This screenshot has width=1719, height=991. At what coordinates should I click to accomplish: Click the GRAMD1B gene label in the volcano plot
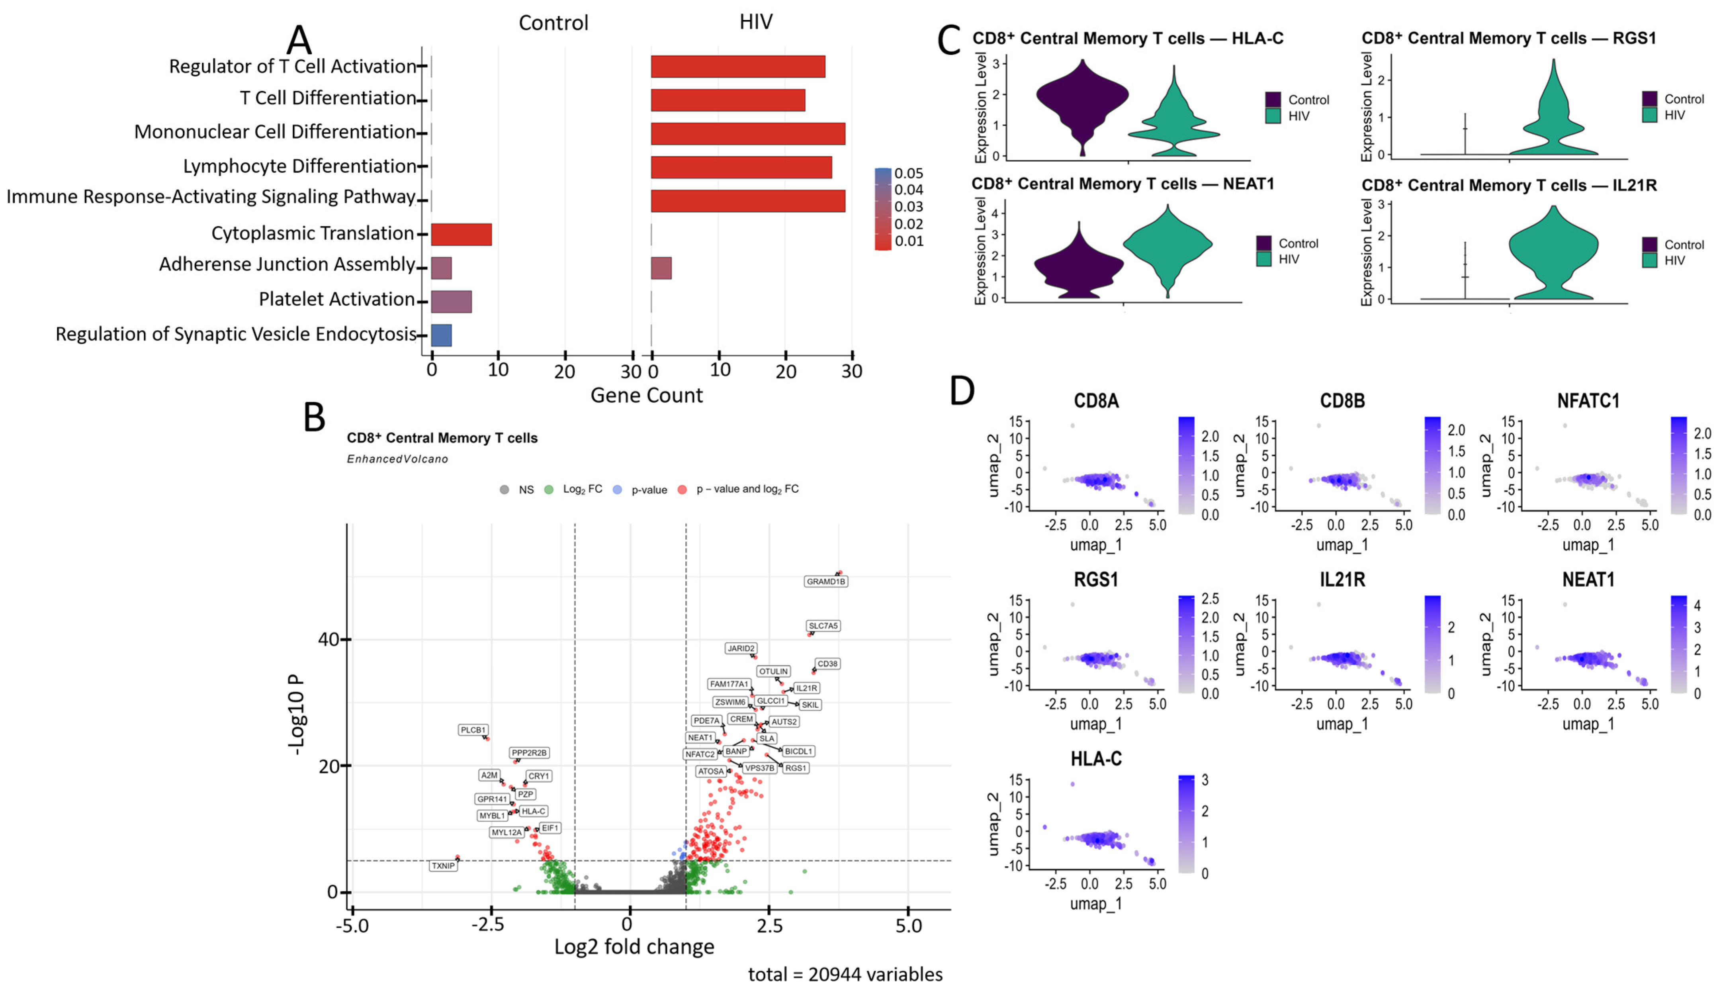point(826,581)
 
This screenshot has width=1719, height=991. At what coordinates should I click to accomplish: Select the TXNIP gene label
point(443,866)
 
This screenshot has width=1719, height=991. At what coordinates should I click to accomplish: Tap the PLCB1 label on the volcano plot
point(473,730)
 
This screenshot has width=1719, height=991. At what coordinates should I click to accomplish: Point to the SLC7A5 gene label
point(823,625)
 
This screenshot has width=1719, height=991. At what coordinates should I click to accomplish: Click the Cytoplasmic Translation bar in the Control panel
point(461,234)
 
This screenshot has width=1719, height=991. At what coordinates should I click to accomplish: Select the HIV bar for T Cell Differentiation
point(728,100)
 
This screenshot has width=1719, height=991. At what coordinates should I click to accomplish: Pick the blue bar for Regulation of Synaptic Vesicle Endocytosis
point(442,335)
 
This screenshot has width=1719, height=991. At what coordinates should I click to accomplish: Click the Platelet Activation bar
point(451,301)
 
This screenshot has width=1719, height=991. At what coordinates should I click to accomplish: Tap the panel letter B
point(314,417)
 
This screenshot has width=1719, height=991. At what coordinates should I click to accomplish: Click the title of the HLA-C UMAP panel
point(1096,759)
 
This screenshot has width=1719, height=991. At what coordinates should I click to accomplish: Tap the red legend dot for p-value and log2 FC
point(682,490)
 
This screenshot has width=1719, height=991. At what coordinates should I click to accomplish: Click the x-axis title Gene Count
point(646,396)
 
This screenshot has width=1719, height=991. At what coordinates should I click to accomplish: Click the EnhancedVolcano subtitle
point(397,459)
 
